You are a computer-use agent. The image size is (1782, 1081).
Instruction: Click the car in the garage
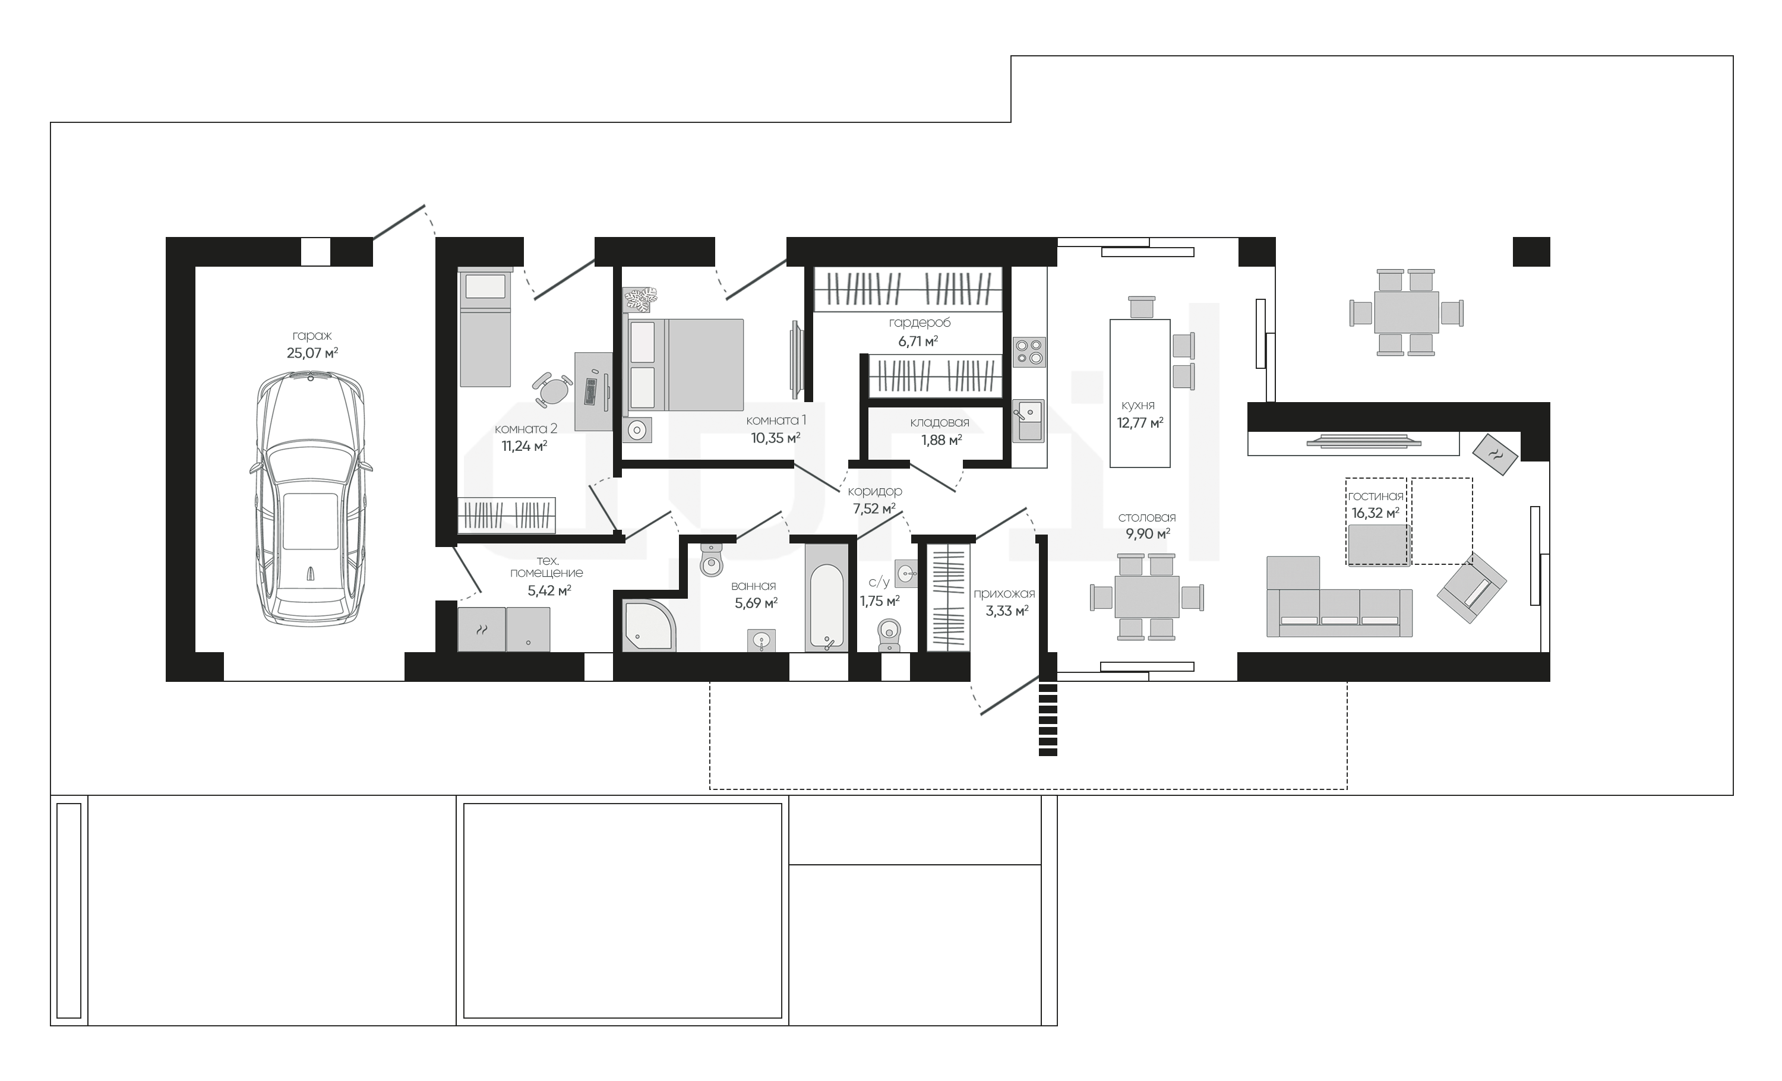(311, 499)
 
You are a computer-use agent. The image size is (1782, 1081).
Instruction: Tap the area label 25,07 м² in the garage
(312, 353)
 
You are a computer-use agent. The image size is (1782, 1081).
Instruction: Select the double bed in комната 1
(684, 365)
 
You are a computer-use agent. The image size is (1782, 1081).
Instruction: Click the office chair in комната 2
(552, 389)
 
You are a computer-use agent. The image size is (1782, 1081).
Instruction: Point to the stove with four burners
(1028, 352)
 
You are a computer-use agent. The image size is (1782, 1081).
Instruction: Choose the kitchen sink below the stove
(1028, 420)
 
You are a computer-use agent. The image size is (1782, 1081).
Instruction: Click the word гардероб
(919, 323)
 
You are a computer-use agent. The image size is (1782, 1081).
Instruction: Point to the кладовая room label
(940, 422)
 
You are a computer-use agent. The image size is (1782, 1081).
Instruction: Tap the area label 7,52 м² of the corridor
(874, 508)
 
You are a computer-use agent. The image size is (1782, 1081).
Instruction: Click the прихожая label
(1004, 593)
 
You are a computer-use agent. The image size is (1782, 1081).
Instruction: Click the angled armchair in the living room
(1471, 588)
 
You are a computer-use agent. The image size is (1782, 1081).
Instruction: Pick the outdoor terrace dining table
(1406, 312)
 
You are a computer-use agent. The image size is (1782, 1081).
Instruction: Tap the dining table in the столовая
(1147, 596)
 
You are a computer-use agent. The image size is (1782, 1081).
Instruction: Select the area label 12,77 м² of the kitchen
(1140, 423)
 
